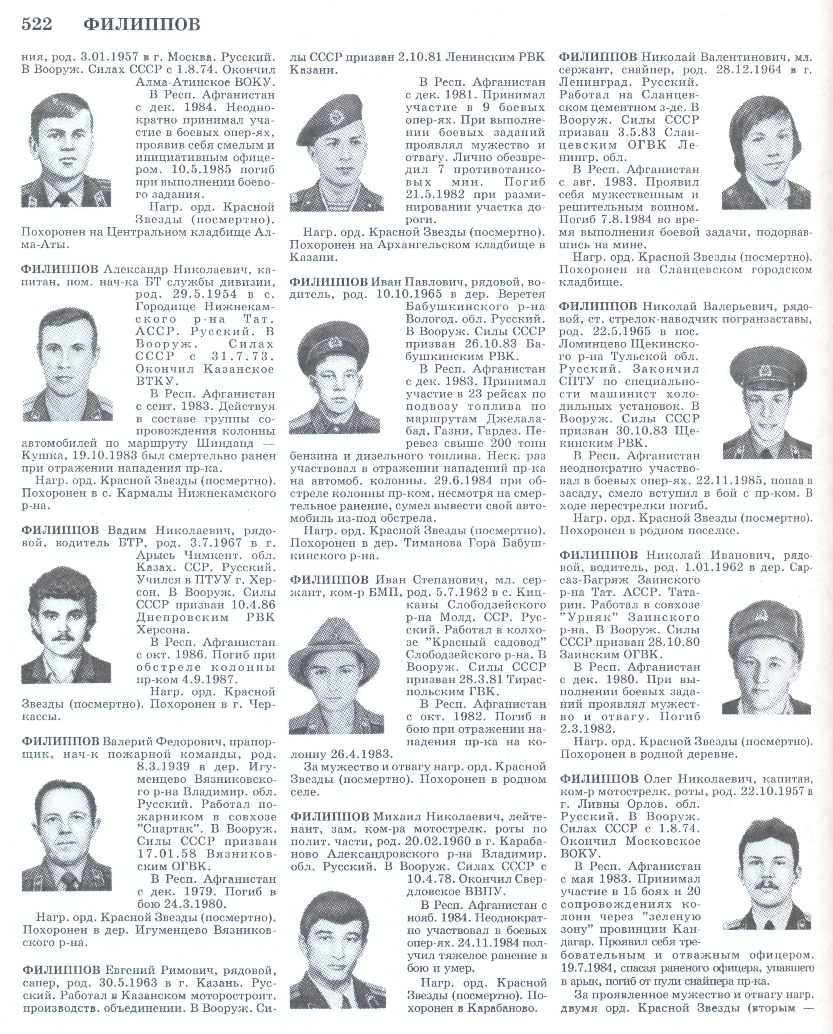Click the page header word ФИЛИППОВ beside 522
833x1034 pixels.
pyautogui.click(x=142, y=25)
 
